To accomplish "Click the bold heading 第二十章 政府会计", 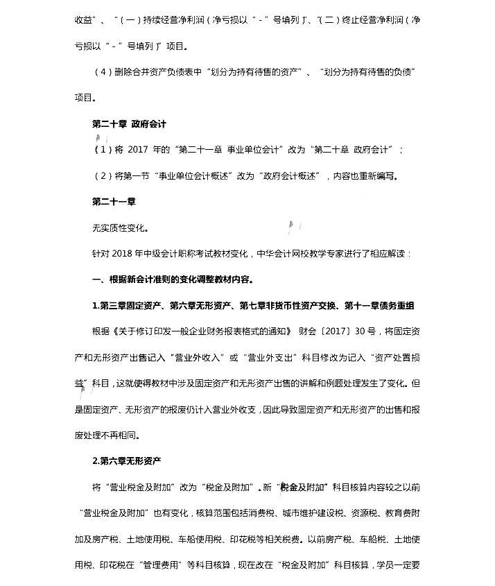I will (x=129, y=125).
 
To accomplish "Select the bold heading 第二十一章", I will (x=114, y=202).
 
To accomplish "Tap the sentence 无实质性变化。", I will (x=120, y=227).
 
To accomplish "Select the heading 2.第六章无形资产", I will (x=127, y=461).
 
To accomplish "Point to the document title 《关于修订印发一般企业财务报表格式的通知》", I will (x=201, y=331).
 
